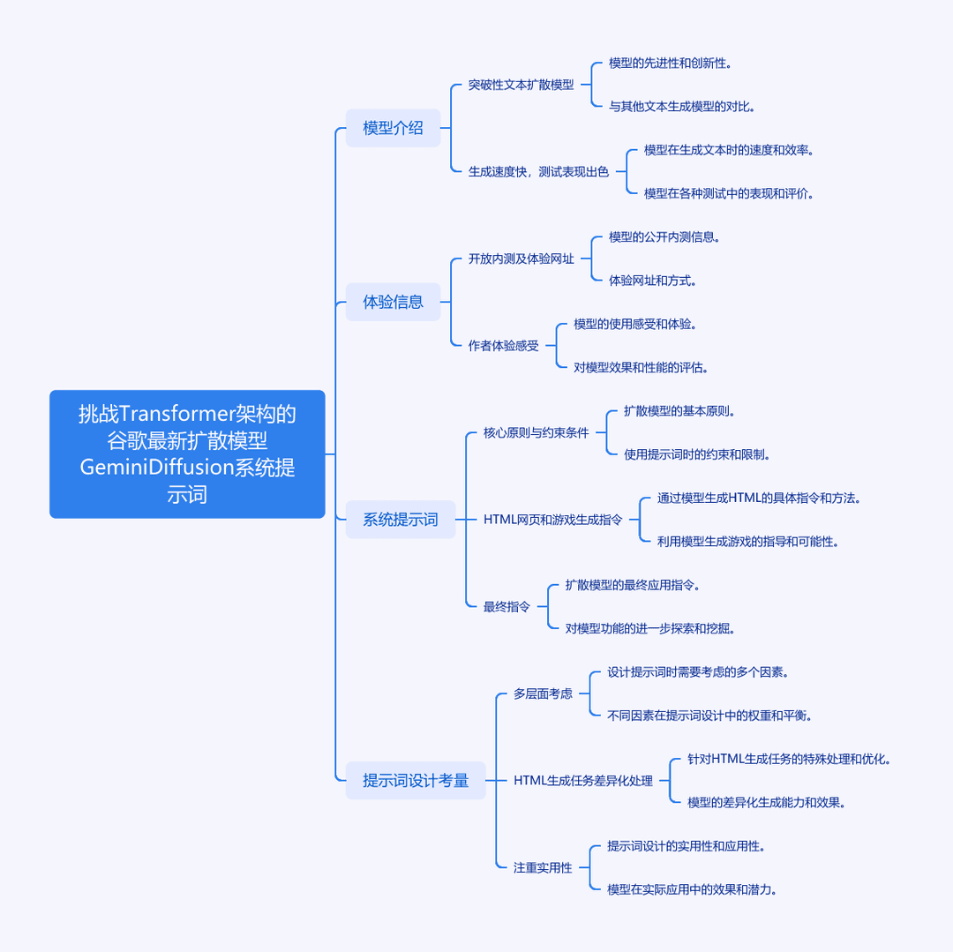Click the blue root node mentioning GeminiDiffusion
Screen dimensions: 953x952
point(187,454)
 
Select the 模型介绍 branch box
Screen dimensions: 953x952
point(393,128)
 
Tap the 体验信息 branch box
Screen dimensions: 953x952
point(393,302)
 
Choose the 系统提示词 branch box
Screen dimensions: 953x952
point(401,520)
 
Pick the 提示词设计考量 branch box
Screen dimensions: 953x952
point(416,781)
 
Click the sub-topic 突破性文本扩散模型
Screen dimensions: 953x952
point(521,85)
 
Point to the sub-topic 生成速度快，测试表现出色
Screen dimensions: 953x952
point(538,172)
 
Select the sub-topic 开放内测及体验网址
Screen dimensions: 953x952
point(521,259)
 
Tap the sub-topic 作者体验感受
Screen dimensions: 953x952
point(503,346)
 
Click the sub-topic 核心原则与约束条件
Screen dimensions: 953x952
point(537,432)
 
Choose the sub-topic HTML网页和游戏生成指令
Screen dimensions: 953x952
point(553,520)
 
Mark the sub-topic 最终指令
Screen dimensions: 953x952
point(507,606)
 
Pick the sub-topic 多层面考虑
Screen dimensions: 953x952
point(543,693)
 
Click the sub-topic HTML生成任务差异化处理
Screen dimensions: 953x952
point(583,781)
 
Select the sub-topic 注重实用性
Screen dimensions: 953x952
point(543,867)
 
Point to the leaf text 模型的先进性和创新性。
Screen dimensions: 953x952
point(670,64)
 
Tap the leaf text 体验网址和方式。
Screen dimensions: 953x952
point(653,281)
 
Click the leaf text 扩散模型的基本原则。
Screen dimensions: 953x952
point(679,410)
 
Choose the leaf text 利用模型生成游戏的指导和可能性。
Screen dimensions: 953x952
point(748,542)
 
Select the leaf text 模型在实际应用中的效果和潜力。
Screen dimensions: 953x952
point(693,889)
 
